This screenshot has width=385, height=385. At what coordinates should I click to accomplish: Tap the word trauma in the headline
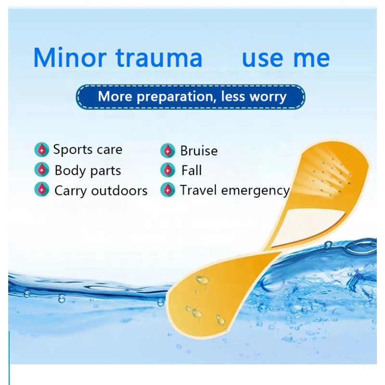click(159, 58)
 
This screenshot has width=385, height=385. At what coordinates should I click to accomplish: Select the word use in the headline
click(262, 59)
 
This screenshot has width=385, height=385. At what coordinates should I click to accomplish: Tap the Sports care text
click(88, 150)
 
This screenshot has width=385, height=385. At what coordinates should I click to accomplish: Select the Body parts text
click(88, 170)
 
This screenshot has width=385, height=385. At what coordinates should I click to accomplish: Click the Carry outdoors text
click(101, 191)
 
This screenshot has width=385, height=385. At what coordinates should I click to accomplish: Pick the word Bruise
click(199, 151)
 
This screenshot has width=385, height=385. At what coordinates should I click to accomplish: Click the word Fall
click(192, 170)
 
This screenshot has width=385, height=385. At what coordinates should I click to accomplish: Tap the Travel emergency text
click(235, 190)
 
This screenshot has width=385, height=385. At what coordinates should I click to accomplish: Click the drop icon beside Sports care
click(42, 150)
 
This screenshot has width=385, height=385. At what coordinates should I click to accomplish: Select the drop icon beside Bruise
click(167, 151)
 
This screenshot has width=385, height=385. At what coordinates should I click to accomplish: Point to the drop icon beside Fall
click(167, 170)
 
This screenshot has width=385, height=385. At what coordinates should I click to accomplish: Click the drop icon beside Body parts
click(42, 170)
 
